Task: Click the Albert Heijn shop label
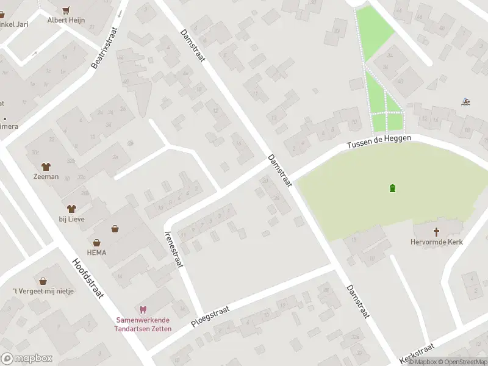(x=66, y=20)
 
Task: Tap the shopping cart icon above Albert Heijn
(x=66, y=10)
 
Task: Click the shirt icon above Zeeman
(x=46, y=166)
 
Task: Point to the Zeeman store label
(x=46, y=177)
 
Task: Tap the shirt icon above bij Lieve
(x=71, y=209)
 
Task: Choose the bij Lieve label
(x=71, y=219)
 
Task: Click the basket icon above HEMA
(x=96, y=242)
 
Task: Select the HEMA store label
(x=96, y=253)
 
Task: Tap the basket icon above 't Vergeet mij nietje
(x=43, y=281)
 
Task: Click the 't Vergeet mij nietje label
(x=43, y=291)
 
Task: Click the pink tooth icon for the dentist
(x=143, y=310)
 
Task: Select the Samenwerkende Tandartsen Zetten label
(x=144, y=325)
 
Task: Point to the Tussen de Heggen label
(x=379, y=143)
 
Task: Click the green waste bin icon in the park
(x=392, y=188)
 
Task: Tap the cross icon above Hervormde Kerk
(x=436, y=232)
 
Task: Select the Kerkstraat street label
(x=415, y=352)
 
